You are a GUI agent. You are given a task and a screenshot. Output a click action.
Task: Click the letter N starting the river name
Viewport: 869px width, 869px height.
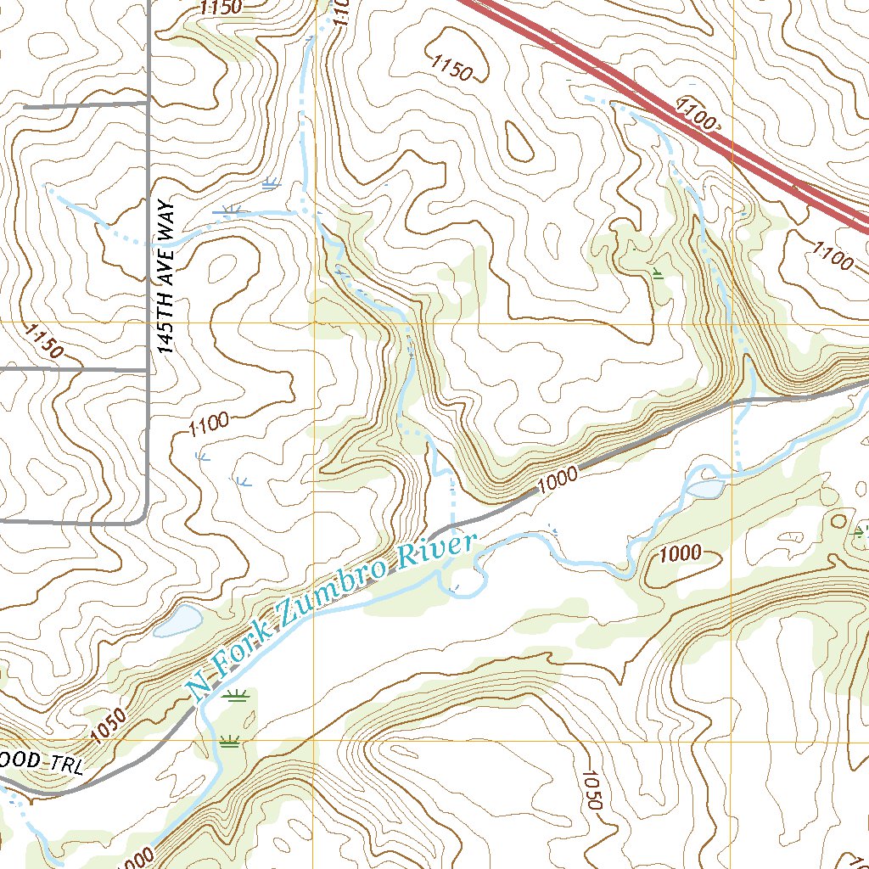tap(200, 689)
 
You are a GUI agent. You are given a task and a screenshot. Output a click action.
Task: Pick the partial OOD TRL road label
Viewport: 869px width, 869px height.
tap(42, 761)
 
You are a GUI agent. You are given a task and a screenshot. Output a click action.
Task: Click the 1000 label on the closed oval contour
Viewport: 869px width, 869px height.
tap(680, 554)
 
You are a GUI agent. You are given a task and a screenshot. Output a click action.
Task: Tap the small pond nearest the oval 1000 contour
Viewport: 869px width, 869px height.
tap(705, 489)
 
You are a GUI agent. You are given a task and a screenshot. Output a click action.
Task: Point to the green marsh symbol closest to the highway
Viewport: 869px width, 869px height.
tap(659, 272)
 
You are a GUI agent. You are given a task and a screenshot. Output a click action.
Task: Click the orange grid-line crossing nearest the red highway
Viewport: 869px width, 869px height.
tap(733, 323)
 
